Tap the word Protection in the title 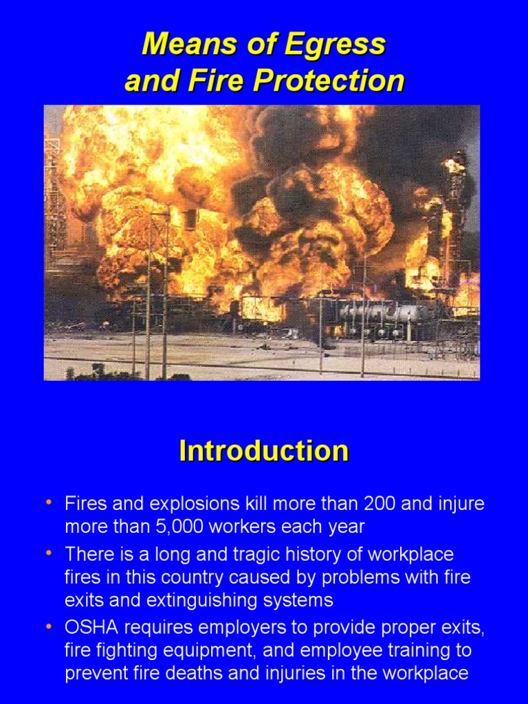coord(329,81)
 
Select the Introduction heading coord(263,451)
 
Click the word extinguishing coord(203,599)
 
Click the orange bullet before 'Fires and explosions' coord(49,503)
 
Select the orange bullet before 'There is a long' coord(49,553)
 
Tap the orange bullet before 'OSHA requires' coord(49,626)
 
